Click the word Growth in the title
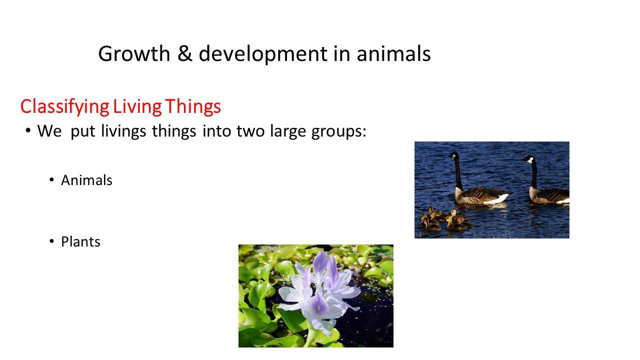click(x=134, y=53)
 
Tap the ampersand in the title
click(x=184, y=53)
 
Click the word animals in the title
click(x=393, y=53)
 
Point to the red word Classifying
click(x=65, y=107)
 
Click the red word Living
click(x=137, y=107)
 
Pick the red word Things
click(x=193, y=106)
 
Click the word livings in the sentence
click(x=123, y=131)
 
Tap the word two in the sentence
click(x=250, y=131)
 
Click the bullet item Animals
click(x=86, y=180)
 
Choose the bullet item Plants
click(x=80, y=241)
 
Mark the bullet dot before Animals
click(x=51, y=180)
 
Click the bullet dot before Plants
click(x=51, y=241)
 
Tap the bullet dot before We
click(x=27, y=131)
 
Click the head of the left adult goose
click(x=454, y=156)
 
